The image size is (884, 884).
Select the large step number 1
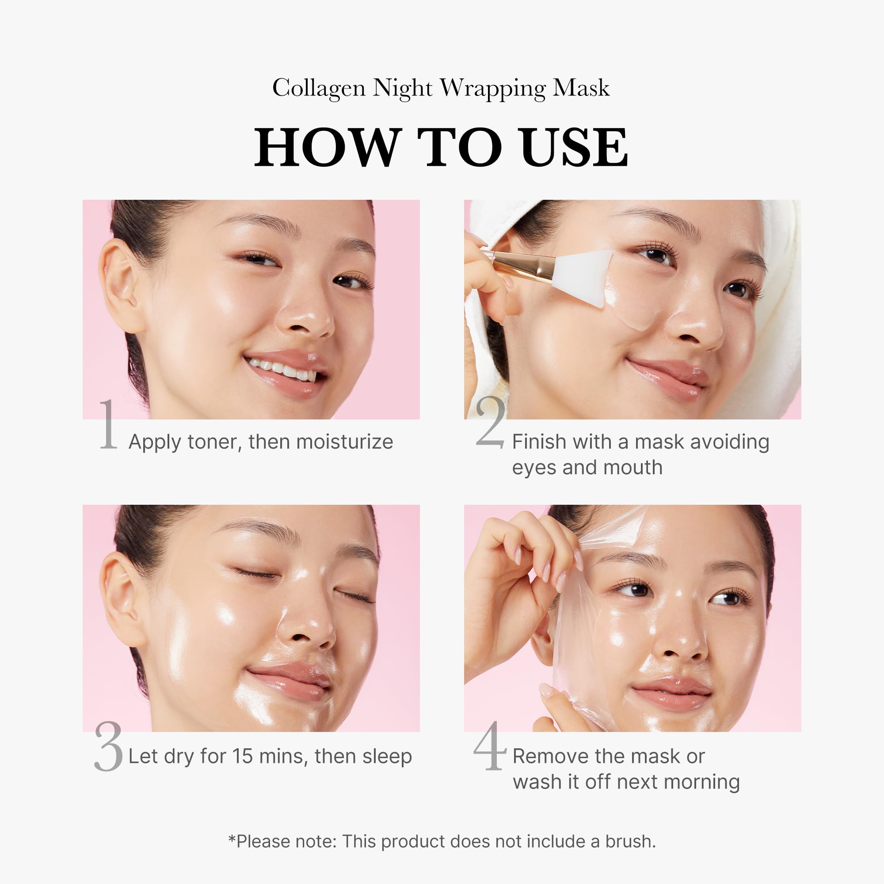pos(108,424)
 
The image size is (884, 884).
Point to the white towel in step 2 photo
pos(778,320)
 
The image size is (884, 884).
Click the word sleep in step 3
pos(387,756)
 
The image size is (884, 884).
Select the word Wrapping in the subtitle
pos(493,88)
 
